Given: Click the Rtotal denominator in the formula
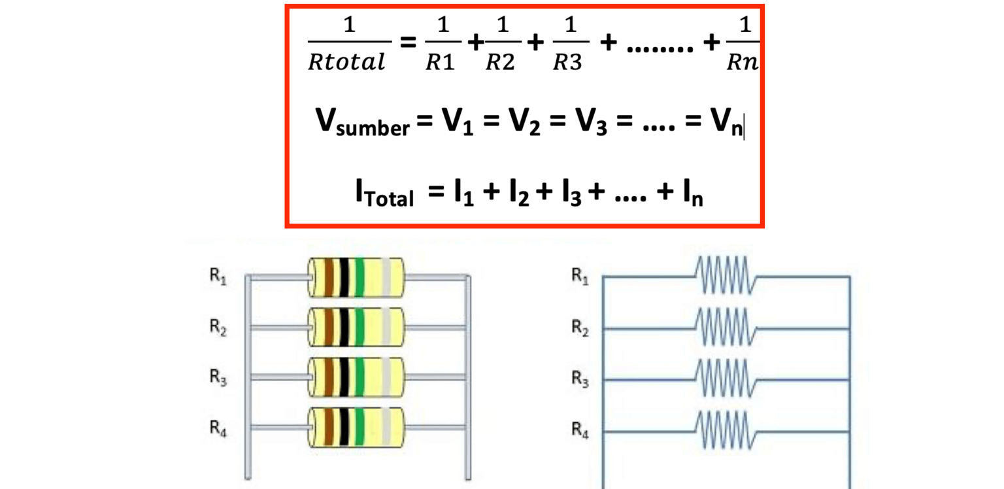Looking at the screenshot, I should (x=346, y=63).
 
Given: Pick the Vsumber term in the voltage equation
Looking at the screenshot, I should (x=361, y=122).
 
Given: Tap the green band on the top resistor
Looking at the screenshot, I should (x=359, y=277).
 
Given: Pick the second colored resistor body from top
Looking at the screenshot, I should (x=356, y=327).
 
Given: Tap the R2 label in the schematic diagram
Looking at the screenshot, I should (x=580, y=328).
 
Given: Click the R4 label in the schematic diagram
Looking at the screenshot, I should (x=580, y=430).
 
